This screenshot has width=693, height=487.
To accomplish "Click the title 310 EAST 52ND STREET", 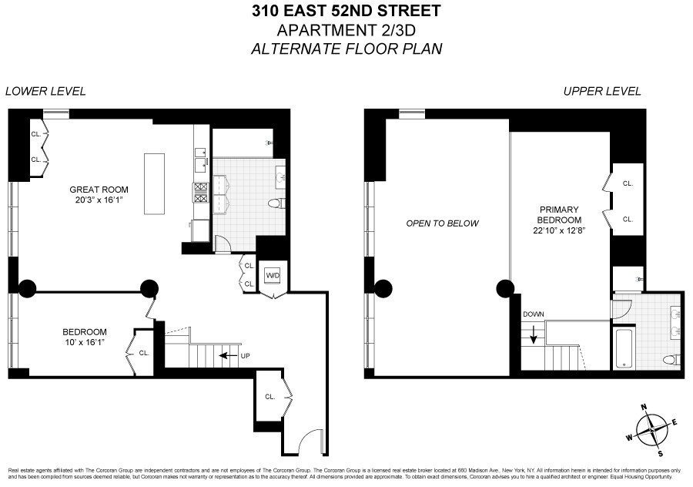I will coord(346,11).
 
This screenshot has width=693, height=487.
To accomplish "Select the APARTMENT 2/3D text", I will coord(346,30).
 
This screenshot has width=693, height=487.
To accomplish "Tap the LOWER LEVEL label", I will coord(45,91).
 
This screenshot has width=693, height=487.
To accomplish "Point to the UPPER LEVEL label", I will coord(602,91).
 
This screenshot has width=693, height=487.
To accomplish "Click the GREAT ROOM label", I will coord(99,190).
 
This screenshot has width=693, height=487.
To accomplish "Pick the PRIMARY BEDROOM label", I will coord(559,214).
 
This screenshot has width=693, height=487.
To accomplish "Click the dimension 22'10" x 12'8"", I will coord(559,230).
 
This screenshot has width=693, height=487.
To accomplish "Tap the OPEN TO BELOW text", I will coord(443,223).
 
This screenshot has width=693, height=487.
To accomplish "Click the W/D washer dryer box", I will coord(273,275).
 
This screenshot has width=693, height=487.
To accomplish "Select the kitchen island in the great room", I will coord(154,184).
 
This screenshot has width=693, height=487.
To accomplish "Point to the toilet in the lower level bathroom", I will coord(275,203).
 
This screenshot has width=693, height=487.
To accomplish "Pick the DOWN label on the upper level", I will coord(533,314).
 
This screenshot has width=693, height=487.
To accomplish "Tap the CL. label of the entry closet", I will coord(270,397).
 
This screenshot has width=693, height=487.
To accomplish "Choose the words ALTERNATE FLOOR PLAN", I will coord(346,49).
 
